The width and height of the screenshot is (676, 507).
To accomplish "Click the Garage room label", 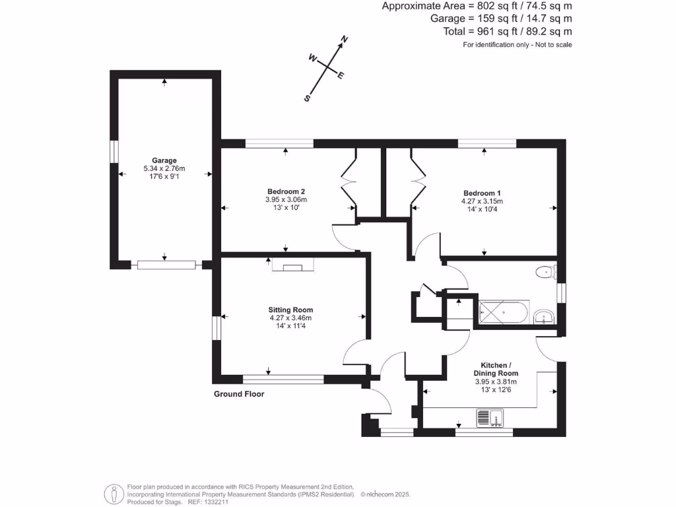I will (x=164, y=160).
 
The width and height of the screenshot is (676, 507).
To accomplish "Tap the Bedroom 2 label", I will (x=286, y=191).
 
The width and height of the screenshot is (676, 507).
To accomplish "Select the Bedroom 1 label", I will (x=482, y=193).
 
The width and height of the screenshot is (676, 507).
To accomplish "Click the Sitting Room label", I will (x=290, y=310).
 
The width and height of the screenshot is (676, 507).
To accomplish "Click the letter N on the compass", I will (x=343, y=40).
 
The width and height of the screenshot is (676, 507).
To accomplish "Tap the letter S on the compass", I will (x=307, y=98).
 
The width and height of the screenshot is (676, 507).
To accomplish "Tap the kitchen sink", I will (x=490, y=418).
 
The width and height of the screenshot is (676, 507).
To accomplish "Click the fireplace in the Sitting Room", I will (x=291, y=267).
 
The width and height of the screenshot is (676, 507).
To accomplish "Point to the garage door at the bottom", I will (x=167, y=265).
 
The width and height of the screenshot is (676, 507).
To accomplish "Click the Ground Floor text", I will (x=239, y=394).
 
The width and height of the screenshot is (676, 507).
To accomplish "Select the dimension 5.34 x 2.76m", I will (x=164, y=169).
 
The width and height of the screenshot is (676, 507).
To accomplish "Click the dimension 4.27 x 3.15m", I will (x=482, y=201).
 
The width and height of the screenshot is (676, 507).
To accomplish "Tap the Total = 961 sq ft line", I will (x=507, y=31).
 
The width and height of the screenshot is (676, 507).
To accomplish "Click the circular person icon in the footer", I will (x=114, y=493).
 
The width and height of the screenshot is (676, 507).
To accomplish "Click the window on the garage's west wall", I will (x=114, y=151).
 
